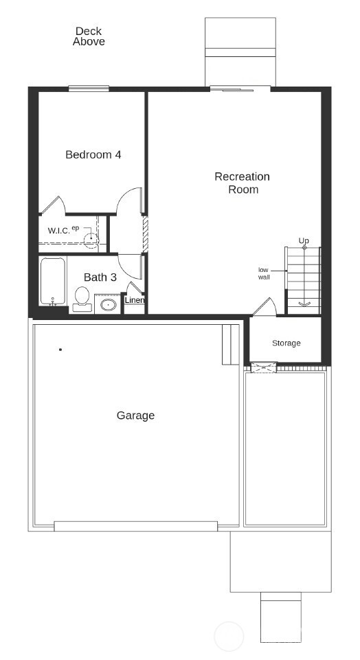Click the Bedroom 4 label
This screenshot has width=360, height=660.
(x=93, y=155)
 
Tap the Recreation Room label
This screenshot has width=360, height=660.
(x=243, y=183)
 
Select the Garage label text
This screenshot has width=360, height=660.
(x=135, y=416)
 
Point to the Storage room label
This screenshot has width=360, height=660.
(x=286, y=343)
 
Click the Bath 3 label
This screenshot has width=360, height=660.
(x=100, y=277)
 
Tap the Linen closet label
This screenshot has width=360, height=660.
(x=135, y=300)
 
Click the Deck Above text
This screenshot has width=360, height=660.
(x=89, y=36)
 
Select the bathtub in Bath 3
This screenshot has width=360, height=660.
(x=52, y=282)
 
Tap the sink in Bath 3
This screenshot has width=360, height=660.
(x=108, y=304)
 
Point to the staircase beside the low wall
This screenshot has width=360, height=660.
(x=303, y=278)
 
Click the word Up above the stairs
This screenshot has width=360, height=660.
(x=304, y=240)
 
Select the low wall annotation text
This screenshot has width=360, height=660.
(x=263, y=273)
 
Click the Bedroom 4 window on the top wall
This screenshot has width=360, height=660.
(x=89, y=88)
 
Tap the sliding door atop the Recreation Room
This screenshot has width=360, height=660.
(x=240, y=89)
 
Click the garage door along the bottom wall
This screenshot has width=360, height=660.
(x=136, y=526)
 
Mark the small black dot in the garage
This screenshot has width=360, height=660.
(x=60, y=350)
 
